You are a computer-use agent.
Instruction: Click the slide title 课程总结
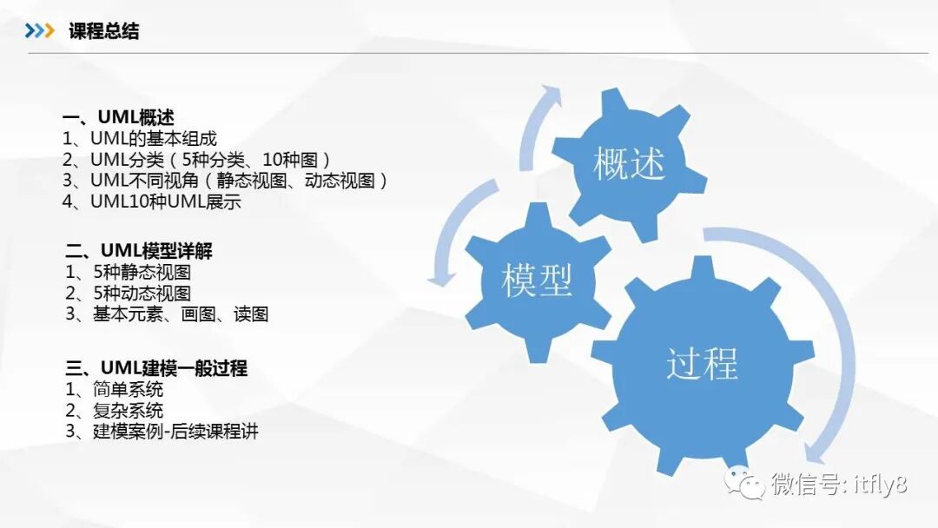pyautogui.click(x=104, y=32)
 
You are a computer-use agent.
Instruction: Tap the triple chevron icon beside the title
pyautogui.click(x=39, y=32)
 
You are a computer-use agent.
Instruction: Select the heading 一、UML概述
pyautogui.click(x=119, y=117)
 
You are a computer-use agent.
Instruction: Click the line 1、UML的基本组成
pyautogui.click(x=140, y=138)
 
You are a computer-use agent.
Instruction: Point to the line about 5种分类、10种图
pyautogui.click(x=197, y=160)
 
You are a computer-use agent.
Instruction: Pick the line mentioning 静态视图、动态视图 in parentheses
pyautogui.click(x=225, y=181)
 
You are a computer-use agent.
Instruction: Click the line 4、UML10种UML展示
pyautogui.click(x=152, y=202)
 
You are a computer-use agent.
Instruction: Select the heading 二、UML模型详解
pyautogui.click(x=139, y=252)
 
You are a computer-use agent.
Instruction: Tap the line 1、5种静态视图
pyautogui.click(x=128, y=273)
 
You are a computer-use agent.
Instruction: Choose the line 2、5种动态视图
pyautogui.click(x=128, y=294)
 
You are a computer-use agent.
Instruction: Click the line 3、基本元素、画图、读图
pyautogui.click(x=167, y=314)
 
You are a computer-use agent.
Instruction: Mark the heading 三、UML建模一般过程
pyautogui.click(x=156, y=368)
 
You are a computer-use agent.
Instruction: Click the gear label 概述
pyautogui.click(x=629, y=164)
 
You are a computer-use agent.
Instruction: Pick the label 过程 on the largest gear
pyautogui.click(x=702, y=363)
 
